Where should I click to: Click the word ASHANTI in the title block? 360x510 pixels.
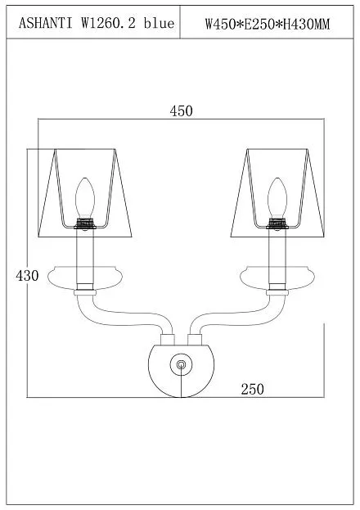click(45, 24)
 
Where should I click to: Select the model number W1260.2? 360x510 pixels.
click(108, 24)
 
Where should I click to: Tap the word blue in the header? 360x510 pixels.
click(159, 24)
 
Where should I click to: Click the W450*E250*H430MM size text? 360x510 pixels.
click(267, 24)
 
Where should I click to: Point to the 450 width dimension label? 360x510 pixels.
click(181, 111)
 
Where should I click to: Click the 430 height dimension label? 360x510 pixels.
click(27, 276)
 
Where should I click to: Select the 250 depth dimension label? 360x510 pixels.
click(252, 389)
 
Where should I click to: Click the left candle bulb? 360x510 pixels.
click(85, 197)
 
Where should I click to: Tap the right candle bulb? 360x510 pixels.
click(277, 197)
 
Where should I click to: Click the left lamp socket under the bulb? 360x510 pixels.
click(85, 223)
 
